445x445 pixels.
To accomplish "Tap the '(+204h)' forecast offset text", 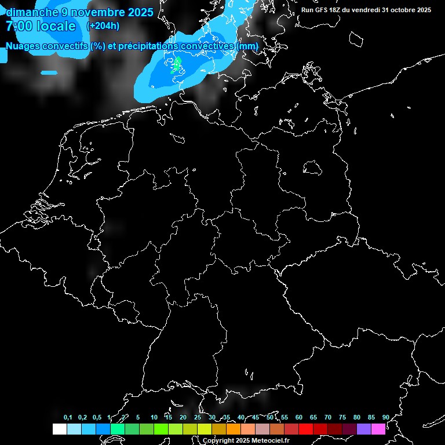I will point(103,25).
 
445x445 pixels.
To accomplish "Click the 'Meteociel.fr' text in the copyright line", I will point(271,441).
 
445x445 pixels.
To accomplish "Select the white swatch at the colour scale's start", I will point(59,429).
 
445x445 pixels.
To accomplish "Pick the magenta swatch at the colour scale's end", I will point(378,429).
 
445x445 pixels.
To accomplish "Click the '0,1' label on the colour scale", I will point(68,417).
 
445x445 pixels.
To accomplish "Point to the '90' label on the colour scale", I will point(385,417).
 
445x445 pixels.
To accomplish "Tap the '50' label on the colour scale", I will point(270,417).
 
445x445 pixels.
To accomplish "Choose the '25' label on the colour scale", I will point(198,417).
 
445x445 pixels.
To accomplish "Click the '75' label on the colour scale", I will point(342,417).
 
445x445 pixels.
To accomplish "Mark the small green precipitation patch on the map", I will point(177,64).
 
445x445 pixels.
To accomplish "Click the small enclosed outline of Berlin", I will point(313,168).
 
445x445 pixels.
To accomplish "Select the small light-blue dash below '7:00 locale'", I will point(49,72).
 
